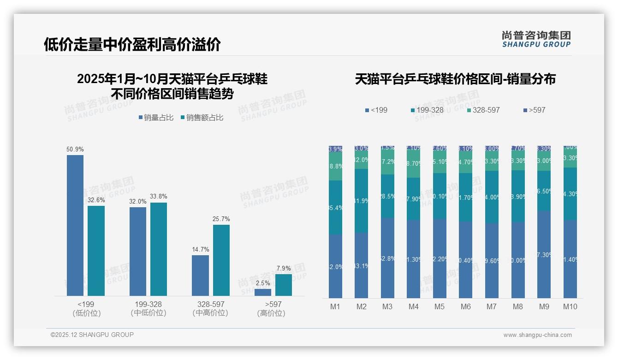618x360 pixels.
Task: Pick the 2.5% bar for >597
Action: [x=263, y=292]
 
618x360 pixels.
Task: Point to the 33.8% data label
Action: [x=159, y=196]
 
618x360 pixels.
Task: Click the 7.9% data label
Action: [x=284, y=268]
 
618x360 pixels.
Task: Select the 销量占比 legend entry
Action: [x=156, y=118]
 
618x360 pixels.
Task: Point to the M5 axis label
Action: [x=439, y=306]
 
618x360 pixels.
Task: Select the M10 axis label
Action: [x=570, y=306]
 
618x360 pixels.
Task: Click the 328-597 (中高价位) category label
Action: [x=210, y=308]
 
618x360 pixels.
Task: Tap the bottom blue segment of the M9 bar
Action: [x=544, y=254]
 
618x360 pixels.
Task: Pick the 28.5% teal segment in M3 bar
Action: [x=387, y=196]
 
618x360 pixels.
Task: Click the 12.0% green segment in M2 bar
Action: [x=361, y=160]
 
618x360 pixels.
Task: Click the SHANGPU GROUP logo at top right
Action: [x=536, y=39]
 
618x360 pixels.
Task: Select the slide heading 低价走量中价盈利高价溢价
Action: [x=132, y=44]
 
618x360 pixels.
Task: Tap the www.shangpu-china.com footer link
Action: [x=537, y=335]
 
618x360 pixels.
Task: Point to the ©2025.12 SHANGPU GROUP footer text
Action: [x=92, y=335]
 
